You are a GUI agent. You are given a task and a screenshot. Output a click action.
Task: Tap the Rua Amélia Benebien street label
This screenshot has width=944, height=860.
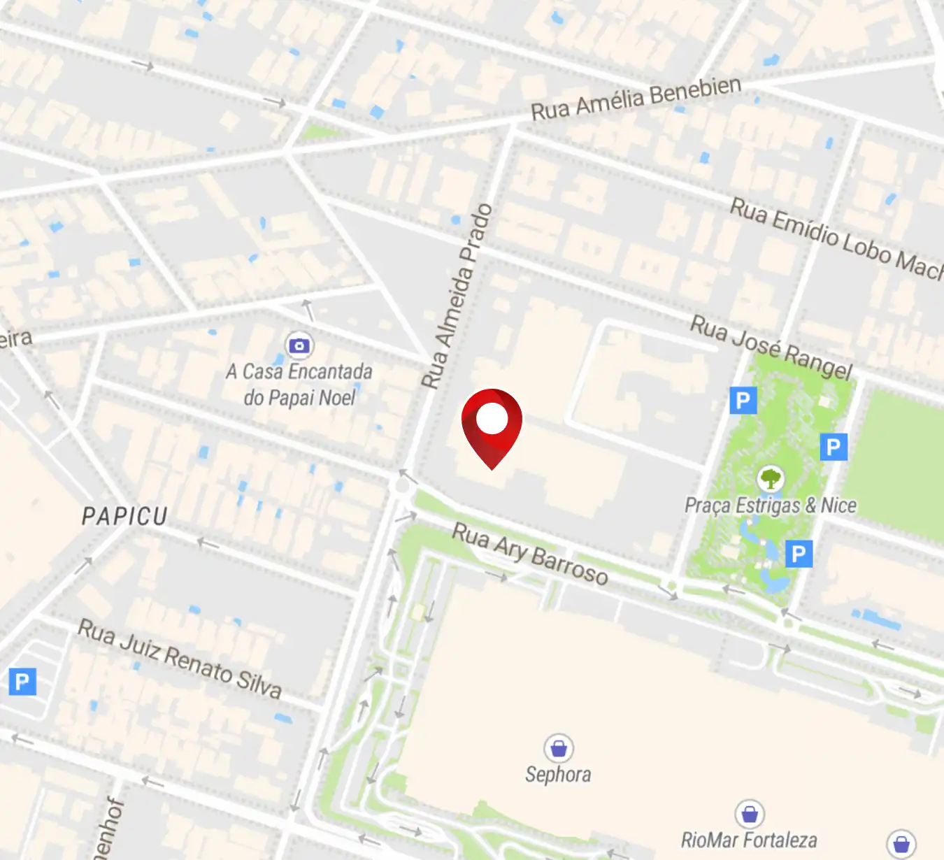(635, 99)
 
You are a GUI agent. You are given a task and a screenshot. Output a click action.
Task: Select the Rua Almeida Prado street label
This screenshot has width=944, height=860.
(457, 296)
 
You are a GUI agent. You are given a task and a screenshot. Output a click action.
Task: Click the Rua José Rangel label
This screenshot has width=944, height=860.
(771, 347)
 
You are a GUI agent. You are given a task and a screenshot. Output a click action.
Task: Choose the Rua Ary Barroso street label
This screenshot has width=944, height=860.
(530, 553)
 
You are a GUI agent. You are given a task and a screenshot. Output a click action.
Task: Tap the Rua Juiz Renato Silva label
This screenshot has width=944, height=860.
(180, 659)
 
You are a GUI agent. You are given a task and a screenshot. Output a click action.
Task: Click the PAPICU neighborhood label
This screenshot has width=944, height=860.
(125, 517)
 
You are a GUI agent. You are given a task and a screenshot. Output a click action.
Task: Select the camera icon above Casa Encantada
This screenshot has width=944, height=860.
(299, 345)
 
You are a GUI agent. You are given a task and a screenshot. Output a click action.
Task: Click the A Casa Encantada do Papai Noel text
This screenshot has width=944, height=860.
(299, 384)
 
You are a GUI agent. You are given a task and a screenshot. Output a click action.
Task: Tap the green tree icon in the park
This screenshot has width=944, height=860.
(770, 479)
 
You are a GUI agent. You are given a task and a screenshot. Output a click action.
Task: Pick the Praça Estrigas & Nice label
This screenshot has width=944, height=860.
(770, 506)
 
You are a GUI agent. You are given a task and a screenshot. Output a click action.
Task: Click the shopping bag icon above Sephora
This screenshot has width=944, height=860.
(558, 748)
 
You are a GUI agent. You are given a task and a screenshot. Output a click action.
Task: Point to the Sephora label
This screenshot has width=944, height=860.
(558, 775)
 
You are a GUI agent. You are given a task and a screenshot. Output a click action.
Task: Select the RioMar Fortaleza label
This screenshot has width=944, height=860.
(749, 840)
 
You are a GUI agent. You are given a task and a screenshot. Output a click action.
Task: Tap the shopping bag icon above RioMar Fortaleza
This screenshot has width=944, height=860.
(750, 814)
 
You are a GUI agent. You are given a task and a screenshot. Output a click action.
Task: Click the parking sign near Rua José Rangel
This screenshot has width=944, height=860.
(743, 401)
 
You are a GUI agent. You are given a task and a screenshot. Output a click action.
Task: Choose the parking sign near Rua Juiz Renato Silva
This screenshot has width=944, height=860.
(22, 681)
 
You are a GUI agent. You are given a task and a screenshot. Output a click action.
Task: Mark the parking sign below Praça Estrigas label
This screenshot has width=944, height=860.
(799, 554)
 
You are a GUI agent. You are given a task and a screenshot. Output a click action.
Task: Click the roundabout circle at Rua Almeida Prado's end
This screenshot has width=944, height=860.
(402, 485)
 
